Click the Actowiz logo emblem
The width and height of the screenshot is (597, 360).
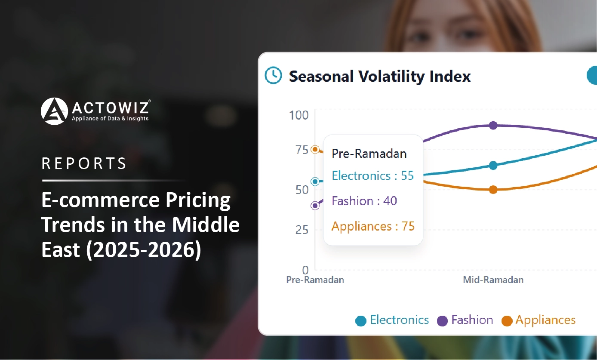tap(54, 111)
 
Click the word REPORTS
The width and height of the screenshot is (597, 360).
tap(84, 163)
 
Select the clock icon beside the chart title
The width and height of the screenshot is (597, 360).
tap(273, 75)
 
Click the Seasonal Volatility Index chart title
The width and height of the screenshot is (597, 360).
tap(380, 77)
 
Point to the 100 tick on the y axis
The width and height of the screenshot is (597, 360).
tap(298, 115)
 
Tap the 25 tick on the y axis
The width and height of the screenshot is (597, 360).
tap(302, 230)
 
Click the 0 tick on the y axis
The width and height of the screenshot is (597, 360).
tap(305, 270)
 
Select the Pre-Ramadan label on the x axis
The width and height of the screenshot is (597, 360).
tap(315, 280)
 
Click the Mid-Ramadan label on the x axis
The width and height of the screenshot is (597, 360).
tap(493, 280)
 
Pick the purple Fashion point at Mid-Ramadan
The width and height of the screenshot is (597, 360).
tap(493, 125)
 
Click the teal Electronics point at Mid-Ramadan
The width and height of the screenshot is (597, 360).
tap(493, 166)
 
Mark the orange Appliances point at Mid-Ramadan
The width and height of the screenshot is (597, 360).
tap(493, 190)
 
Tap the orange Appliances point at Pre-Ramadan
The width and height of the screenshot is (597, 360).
tap(315, 150)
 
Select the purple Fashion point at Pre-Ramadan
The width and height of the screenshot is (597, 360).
tap(315, 206)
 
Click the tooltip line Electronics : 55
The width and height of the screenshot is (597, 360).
tap(372, 176)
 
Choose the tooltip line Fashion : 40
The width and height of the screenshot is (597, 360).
tap(364, 201)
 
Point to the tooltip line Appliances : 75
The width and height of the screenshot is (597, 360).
tap(373, 226)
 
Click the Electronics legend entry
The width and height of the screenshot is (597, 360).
tap(392, 320)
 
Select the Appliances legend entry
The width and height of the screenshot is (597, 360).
tap(539, 320)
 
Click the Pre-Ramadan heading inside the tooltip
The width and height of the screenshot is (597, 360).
tap(369, 154)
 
